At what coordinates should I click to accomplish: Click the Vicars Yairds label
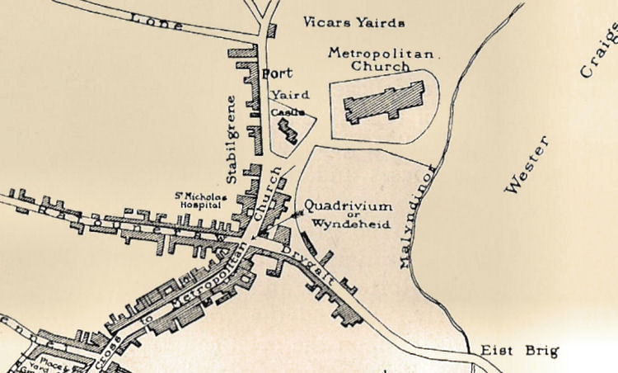coord(355,22)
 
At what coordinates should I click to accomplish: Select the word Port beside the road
coord(277,73)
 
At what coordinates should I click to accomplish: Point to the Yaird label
coord(284,95)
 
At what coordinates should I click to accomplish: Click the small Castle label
coord(288,111)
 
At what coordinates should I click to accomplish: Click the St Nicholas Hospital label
coord(198,201)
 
